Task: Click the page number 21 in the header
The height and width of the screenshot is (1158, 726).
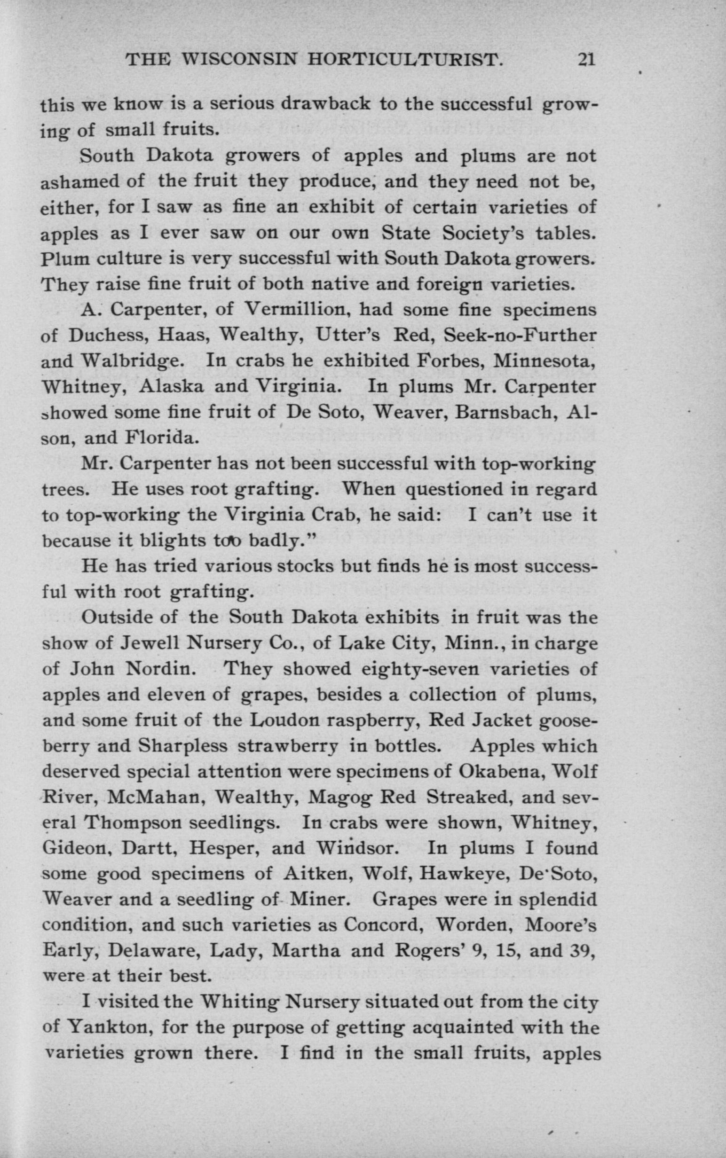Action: coord(586,59)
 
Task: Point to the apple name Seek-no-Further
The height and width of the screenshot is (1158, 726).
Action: coord(520,335)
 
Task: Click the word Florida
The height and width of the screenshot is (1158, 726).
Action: coord(160,438)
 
